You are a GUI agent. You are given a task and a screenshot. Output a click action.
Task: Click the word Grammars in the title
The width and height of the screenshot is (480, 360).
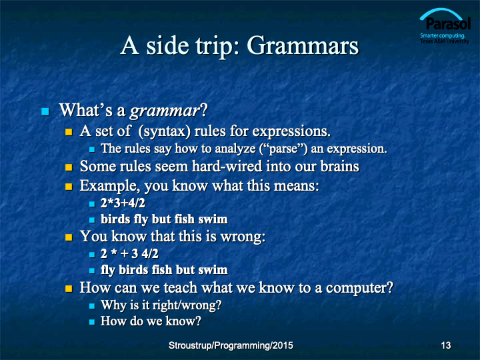[x=303, y=46]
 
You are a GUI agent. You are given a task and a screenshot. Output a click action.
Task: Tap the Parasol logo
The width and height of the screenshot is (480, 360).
[x=445, y=26]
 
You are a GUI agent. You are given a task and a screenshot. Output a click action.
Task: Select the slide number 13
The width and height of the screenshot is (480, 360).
[x=446, y=345]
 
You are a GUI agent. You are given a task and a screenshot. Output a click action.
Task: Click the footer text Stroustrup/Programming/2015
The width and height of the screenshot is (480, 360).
[x=231, y=345]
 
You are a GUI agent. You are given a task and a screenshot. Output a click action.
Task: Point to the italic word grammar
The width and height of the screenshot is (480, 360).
[x=165, y=111]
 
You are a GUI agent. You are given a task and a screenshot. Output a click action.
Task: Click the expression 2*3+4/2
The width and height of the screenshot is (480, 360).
[x=123, y=203]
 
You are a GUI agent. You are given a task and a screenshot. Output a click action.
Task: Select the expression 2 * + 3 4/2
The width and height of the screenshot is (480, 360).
[x=129, y=253]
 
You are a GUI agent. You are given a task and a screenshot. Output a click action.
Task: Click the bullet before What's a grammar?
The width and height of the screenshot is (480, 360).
[x=45, y=111]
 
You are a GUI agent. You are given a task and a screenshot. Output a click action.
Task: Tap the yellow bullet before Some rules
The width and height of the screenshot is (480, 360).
[x=69, y=167]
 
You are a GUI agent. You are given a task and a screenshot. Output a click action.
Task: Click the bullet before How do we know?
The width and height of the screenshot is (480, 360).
[x=92, y=322]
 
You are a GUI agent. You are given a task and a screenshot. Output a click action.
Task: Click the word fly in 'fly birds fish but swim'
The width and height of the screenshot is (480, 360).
[x=108, y=270]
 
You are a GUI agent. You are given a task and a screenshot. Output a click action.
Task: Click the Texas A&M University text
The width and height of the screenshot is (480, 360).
[x=445, y=41]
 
